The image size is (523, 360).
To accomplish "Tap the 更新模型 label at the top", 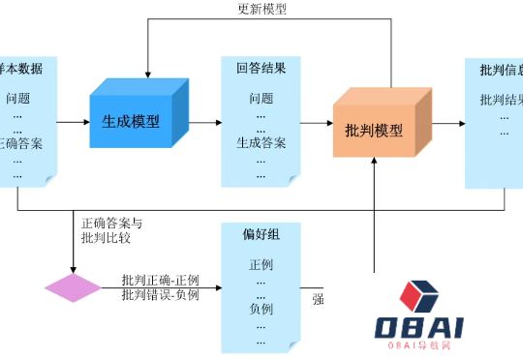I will tap(261, 9).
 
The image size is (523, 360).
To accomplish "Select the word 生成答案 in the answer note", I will tap(261, 143).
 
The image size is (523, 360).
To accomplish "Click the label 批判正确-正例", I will tap(160, 280).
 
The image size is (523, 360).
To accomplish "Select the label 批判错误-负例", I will tap(160, 294).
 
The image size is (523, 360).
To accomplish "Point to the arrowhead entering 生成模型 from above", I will tap(147, 75).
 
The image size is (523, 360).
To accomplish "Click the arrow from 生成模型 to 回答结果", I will tap(202, 123).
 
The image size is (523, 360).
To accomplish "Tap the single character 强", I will tap(318, 299).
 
